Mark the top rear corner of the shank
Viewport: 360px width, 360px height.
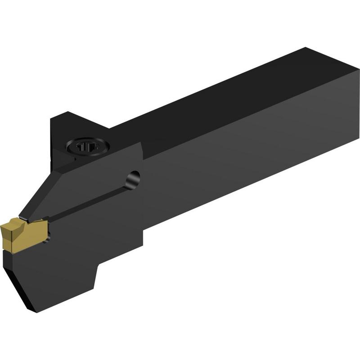[x=306, y=47]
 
